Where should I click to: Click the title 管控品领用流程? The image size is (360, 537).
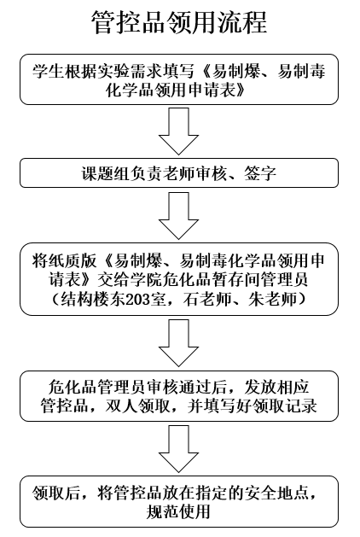click(179, 22)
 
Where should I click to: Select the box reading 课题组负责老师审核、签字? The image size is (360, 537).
click(179, 173)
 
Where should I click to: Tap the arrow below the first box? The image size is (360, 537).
click(178, 131)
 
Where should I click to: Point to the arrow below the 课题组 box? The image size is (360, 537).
click(178, 215)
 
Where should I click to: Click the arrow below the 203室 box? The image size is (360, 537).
click(178, 343)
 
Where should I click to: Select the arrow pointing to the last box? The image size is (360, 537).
click(178, 449)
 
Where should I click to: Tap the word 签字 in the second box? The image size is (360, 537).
click(260, 173)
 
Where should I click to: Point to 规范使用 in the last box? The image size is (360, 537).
click(178, 511)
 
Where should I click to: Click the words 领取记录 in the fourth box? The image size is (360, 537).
click(285, 406)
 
